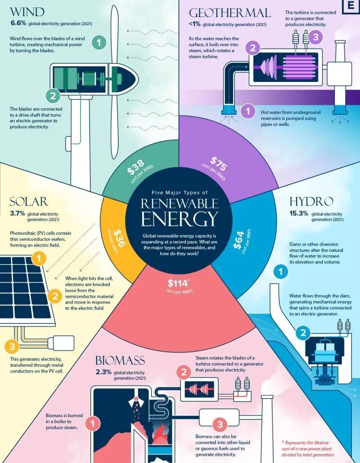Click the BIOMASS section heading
tap(120, 360)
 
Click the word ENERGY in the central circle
tap(179, 219)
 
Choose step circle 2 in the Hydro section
tap(303, 333)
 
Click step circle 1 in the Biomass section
tap(93, 423)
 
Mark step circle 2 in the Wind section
tap(53, 95)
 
